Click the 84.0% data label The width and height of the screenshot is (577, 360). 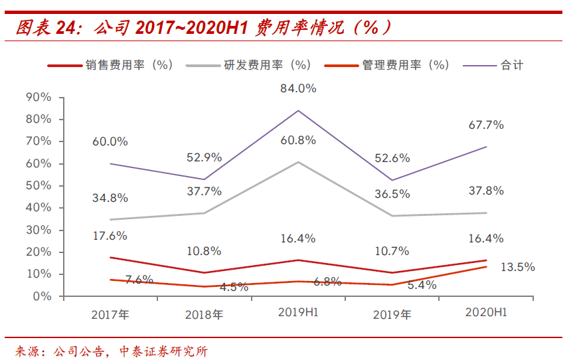pyautogui.click(x=298, y=88)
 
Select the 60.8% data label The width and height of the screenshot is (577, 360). pyautogui.click(x=298, y=140)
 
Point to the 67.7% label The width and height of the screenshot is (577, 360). pyautogui.click(x=486, y=125)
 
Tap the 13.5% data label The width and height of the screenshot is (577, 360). pyautogui.click(x=517, y=267)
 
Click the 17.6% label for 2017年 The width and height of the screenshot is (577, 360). pyautogui.click(x=110, y=236)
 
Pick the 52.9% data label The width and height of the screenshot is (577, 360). pyautogui.click(x=205, y=157)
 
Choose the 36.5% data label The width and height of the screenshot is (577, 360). pyautogui.click(x=392, y=194)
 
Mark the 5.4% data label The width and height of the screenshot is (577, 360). pyautogui.click(x=422, y=285)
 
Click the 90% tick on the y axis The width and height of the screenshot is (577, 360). pyautogui.click(x=39, y=97)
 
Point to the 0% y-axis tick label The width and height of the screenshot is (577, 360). pyautogui.click(x=42, y=296)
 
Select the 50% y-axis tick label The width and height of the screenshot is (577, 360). pyautogui.click(x=39, y=185)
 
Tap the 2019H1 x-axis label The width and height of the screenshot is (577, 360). pyautogui.click(x=298, y=313)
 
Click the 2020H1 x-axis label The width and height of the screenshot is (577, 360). pyautogui.click(x=486, y=313)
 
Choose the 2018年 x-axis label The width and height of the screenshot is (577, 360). pyautogui.click(x=205, y=315)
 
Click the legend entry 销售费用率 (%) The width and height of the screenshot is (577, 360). pyautogui.click(x=110, y=65)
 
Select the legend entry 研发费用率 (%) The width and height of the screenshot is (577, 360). pyautogui.click(x=249, y=65)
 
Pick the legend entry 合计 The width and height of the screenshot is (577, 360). pyautogui.click(x=493, y=65)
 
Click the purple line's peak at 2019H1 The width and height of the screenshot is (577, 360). pyautogui.click(x=298, y=110)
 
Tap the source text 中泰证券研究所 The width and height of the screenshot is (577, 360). pyautogui.click(x=163, y=351)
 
